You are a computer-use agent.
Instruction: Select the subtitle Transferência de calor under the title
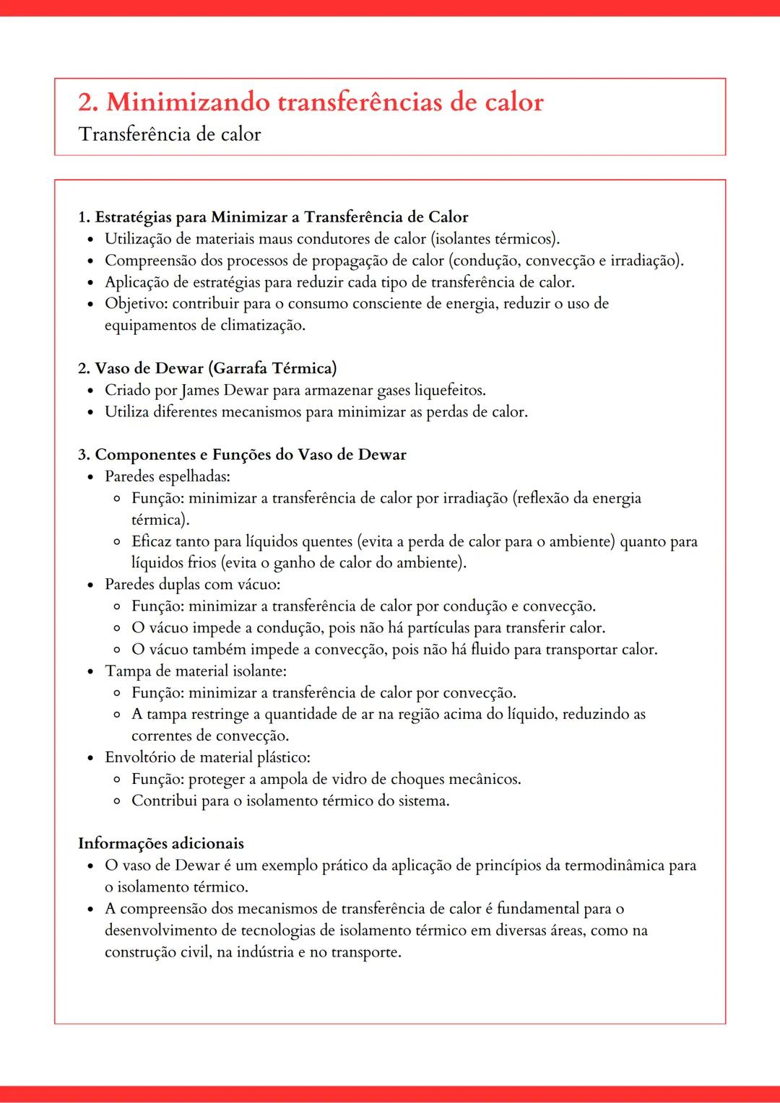coord(170,135)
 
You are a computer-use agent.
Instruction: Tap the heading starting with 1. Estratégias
coord(273,217)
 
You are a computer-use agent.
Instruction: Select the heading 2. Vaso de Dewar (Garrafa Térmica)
coord(207,369)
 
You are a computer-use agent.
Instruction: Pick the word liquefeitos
coord(449,391)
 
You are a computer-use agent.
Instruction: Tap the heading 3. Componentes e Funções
coord(242,455)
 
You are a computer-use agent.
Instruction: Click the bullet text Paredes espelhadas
coord(168,476)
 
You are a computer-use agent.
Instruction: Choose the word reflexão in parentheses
coord(542,498)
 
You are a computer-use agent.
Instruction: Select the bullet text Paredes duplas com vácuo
coord(192,585)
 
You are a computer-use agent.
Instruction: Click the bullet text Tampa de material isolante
coord(195,671)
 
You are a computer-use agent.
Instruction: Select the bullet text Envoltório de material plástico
coord(207,758)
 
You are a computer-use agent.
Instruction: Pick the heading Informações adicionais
coord(161,844)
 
